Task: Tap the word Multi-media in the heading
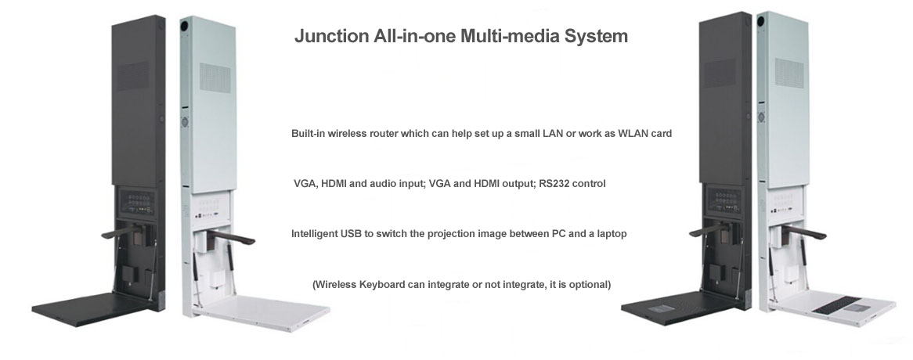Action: tap(509, 36)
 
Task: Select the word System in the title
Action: tap(596, 37)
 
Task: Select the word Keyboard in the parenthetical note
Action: tap(382, 284)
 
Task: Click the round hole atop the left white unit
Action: tap(184, 26)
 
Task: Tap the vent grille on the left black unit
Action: tap(133, 76)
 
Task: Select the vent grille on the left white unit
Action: tap(215, 77)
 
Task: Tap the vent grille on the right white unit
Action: tap(789, 74)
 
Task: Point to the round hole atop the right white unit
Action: tap(761, 22)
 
